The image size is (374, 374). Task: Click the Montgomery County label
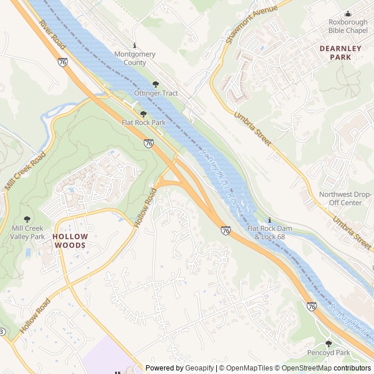135,58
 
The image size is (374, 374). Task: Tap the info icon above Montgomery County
135,45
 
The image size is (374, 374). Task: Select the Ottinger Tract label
155,93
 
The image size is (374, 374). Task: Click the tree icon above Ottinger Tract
155,84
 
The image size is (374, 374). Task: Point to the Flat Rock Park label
143,123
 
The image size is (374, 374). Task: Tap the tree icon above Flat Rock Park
143,114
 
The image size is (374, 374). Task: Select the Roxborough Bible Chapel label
348,26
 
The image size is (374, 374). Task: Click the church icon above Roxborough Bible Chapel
348,13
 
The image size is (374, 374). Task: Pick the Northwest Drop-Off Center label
345,199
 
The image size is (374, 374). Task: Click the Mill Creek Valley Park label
27,233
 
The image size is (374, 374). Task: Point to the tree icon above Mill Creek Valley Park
27,219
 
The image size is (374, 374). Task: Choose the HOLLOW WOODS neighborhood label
70,241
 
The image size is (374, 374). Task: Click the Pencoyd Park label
328,353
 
